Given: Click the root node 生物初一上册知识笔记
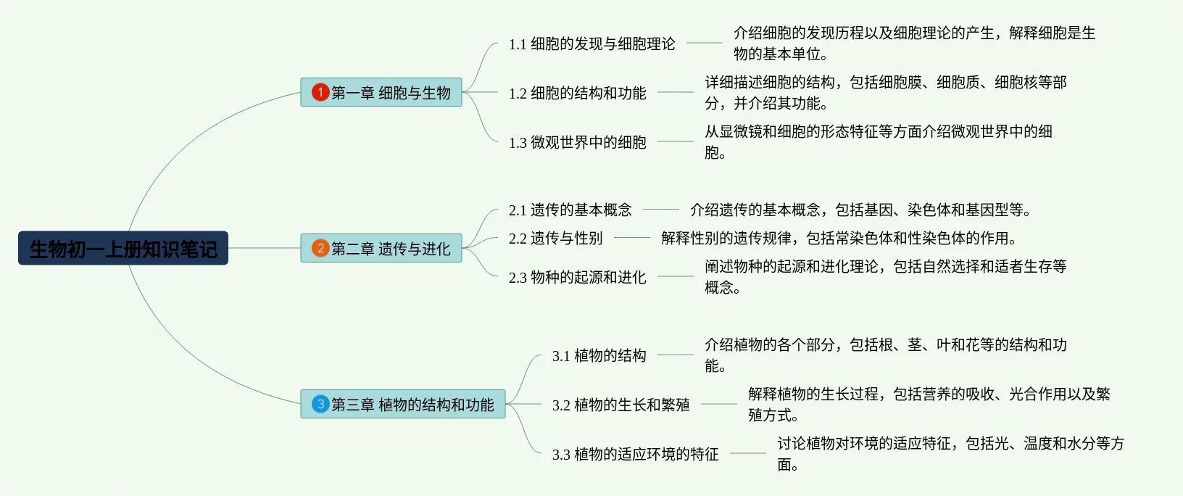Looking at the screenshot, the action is pos(123,248).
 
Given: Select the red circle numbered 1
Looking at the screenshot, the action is pos(320,92).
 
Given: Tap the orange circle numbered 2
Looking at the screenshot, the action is pos(320,248).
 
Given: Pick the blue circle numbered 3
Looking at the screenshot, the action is pos(320,404).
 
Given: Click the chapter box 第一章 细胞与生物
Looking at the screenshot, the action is pos(381,92).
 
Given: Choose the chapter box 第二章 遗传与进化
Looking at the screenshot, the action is pos(381,248).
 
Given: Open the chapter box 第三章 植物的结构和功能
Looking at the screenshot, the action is pos(403,404).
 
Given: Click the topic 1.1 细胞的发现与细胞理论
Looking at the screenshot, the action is pos(591,44).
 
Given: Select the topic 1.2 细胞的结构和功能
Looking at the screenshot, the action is pos(577,93).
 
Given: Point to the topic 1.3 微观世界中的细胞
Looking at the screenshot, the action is pos(577,142).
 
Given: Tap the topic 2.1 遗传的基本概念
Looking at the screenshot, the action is pos(570,210).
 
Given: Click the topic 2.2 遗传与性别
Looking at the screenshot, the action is pos(555,238).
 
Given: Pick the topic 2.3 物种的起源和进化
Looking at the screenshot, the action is pos(577,277).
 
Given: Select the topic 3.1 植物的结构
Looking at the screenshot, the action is pos(599,355).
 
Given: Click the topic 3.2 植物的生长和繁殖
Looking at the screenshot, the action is pos(620,405).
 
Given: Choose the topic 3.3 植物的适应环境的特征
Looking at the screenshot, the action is pos(635,454).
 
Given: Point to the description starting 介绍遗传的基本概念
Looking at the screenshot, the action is pos(860,210).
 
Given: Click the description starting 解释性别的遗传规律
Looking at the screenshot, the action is pos(839,238).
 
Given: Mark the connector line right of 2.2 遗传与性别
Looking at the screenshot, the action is pos(632,237).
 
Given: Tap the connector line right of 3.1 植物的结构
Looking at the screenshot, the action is pos(676,355).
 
